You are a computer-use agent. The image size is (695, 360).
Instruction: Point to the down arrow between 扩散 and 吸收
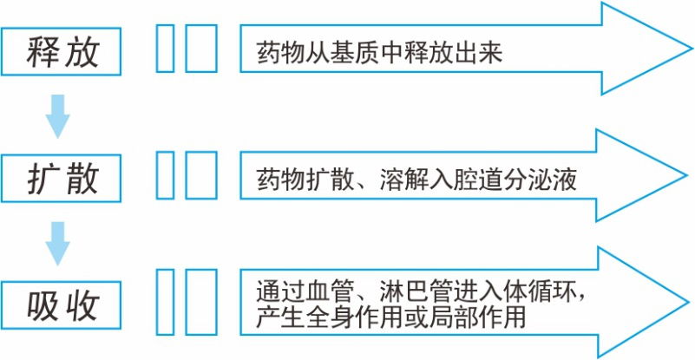click(58, 242)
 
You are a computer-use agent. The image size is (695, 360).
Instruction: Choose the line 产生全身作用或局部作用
click(391, 317)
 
